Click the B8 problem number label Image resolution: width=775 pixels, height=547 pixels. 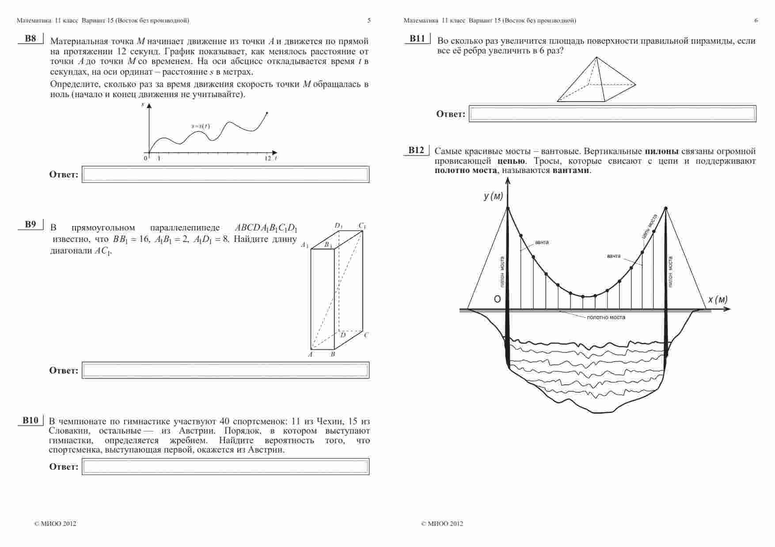(30, 38)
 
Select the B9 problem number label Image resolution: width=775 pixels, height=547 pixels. (30, 225)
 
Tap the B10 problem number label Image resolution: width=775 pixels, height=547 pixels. (30, 420)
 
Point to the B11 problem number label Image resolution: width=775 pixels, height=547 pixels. (417, 39)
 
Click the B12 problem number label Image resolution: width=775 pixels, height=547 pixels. (416, 151)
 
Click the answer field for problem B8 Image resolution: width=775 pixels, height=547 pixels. (225, 174)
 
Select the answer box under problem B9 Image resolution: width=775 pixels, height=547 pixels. (225, 370)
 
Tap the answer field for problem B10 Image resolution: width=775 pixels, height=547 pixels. (225, 467)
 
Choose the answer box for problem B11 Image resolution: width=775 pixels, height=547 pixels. (612, 114)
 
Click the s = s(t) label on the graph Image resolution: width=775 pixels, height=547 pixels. (201, 127)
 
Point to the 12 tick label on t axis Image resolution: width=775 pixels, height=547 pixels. (267, 158)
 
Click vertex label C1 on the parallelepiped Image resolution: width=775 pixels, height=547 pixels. (362, 226)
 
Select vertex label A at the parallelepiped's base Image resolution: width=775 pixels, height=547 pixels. (310, 354)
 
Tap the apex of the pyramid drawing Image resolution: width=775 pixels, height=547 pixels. (596, 57)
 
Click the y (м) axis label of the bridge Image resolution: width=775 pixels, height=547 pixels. (493, 196)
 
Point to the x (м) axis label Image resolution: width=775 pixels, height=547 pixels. (718, 300)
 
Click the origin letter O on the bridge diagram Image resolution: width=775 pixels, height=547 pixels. (497, 299)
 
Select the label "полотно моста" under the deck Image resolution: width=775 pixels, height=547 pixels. (606, 317)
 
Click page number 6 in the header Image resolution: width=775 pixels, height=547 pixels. (756, 20)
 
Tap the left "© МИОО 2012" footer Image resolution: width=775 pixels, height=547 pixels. (55, 524)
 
